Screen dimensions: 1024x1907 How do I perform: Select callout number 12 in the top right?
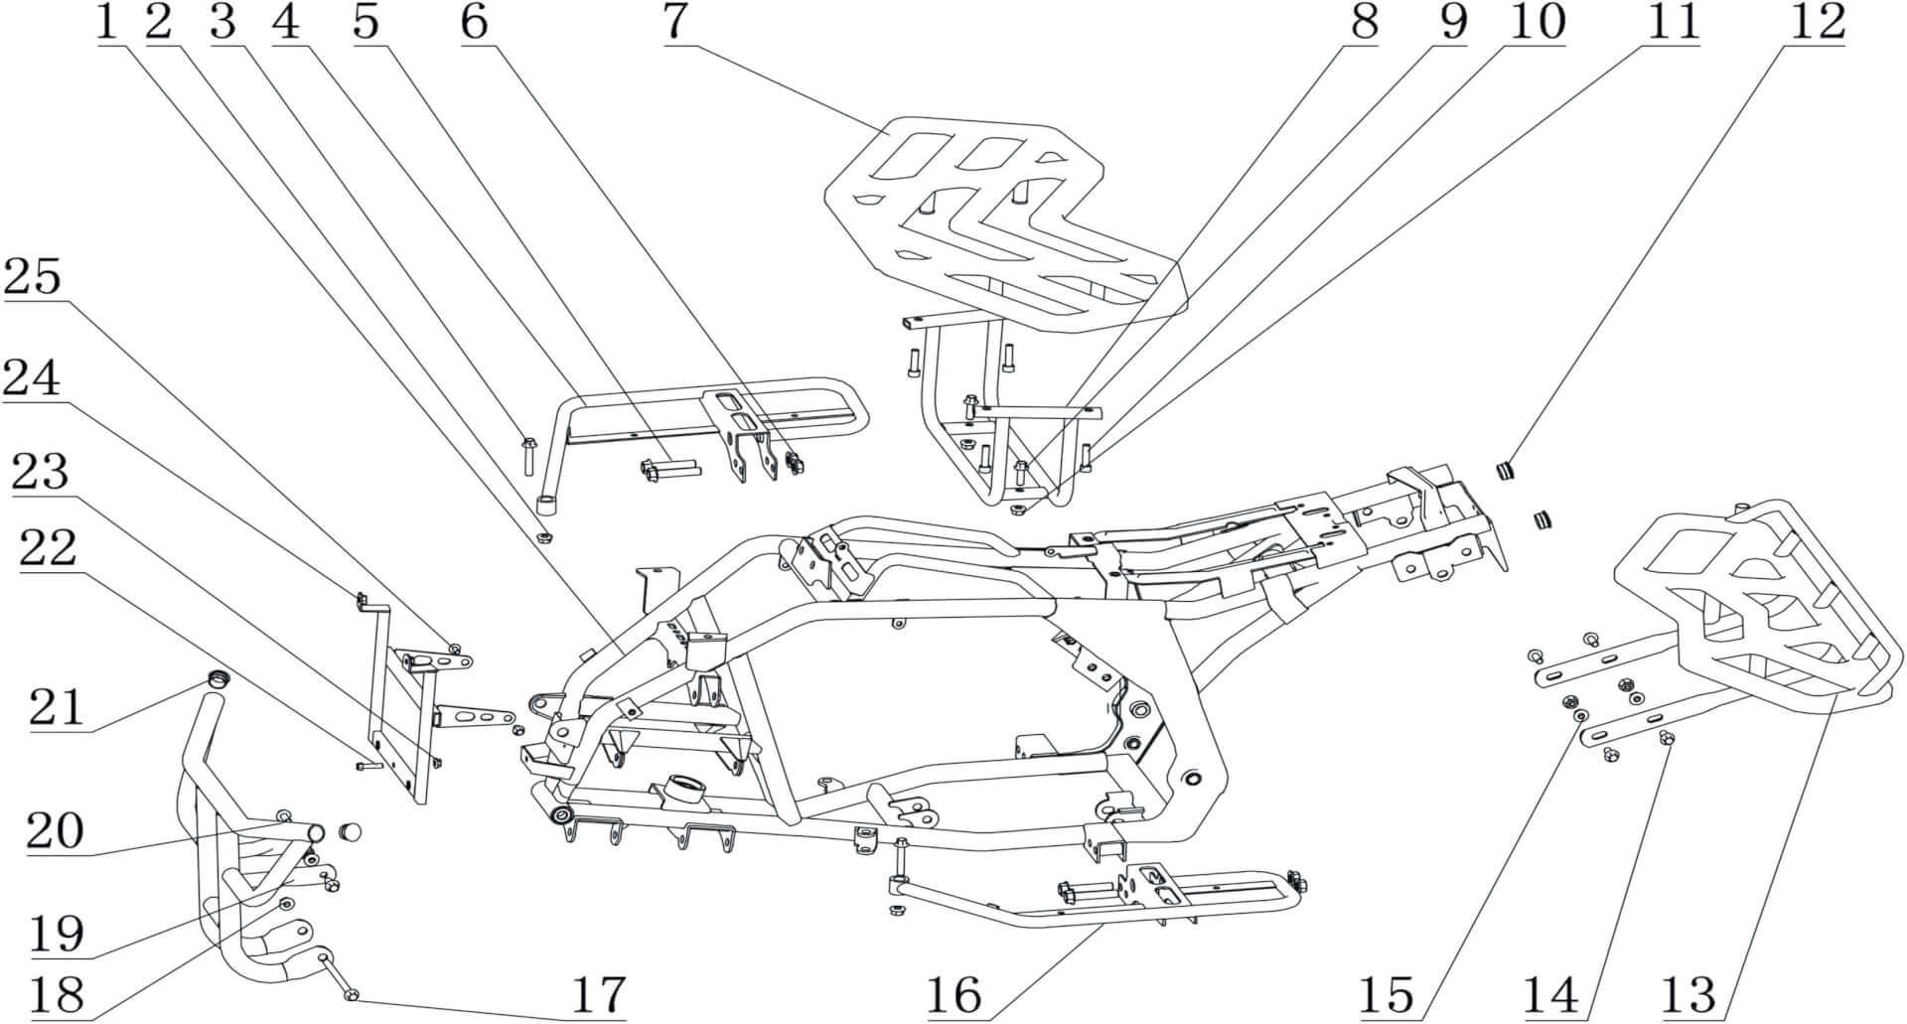coord(1817,22)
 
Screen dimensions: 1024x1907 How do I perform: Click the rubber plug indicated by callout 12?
coord(1506,469)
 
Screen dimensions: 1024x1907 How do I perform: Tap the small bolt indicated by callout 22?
coord(367,766)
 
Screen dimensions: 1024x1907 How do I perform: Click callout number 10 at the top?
coord(1536,22)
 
